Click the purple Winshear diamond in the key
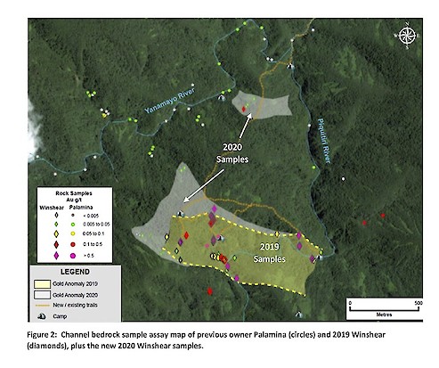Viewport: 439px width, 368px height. pyautogui.click(x=55, y=255)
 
